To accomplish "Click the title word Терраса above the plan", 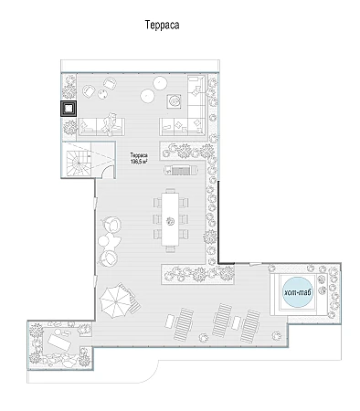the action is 162,25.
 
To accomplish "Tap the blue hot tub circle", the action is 298,292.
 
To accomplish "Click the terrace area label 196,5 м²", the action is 139,162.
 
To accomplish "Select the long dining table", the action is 170,219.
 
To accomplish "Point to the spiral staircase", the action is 79,160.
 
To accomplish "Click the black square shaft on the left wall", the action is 69,109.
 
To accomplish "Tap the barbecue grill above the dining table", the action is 181,170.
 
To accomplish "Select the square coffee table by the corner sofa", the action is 174,101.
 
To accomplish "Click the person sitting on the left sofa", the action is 110,124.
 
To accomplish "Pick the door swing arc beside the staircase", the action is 107,172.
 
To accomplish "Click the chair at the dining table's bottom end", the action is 171,248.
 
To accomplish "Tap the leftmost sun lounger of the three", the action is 184,324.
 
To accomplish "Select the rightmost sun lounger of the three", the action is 250,326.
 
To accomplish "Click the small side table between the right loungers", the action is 236,322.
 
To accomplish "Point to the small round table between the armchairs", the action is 102,94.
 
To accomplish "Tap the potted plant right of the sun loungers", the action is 277,336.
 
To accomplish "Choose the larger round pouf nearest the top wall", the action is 160,83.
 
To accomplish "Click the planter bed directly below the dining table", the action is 197,274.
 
